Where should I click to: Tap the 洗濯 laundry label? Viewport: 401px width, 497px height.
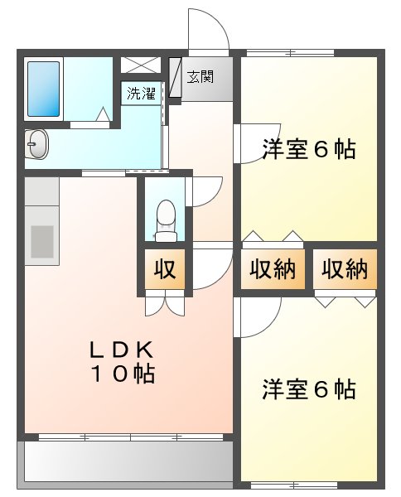(x=140, y=93)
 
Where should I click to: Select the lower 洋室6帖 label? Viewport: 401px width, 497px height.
(x=309, y=388)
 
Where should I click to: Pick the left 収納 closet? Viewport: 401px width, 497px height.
(x=273, y=270)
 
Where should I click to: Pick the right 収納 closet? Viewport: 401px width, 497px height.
(x=344, y=270)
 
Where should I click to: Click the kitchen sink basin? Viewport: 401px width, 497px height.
(x=41, y=239)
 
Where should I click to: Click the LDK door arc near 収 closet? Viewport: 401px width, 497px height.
(x=209, y=269)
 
